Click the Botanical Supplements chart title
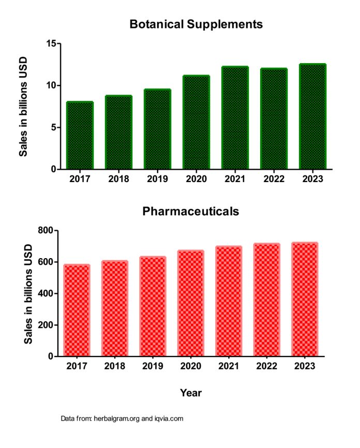pyautogui.click(x=196, y=24)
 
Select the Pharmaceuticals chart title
pyautogui.click(x=191, y=211)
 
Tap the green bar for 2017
pyautogui.click(x=80, y=136)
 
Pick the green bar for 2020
pyautogui.click(x=196, y=123)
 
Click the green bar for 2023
pyautogui.click(x=312, y=116)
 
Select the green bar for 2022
pyautogui.click(x=274, y=119)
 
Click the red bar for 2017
pyautogui.click(x=77, y=310)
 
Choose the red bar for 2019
pyautogui.click(x=153, y=306)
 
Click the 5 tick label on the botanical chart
pyautogui.click(x=53, y=127)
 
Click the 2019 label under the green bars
pyautogui.click(x=157, y=179)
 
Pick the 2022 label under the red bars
pyautogui.click(x=267, y=366)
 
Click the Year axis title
pyautogui.click(x=191, y=393)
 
